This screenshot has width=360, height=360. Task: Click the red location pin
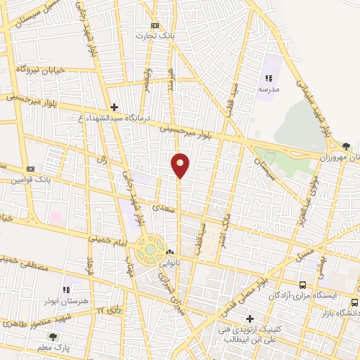pos(180,165)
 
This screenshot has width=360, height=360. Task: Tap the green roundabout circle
pos(150,248)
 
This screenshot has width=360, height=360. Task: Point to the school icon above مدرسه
pos(268,78)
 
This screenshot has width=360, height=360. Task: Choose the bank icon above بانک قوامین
pos(30,169)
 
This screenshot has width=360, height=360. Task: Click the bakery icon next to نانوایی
pos(169,252)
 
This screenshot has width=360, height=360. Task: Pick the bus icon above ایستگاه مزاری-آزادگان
pos(303,285)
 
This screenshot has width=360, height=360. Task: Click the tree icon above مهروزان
pos(345,146)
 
